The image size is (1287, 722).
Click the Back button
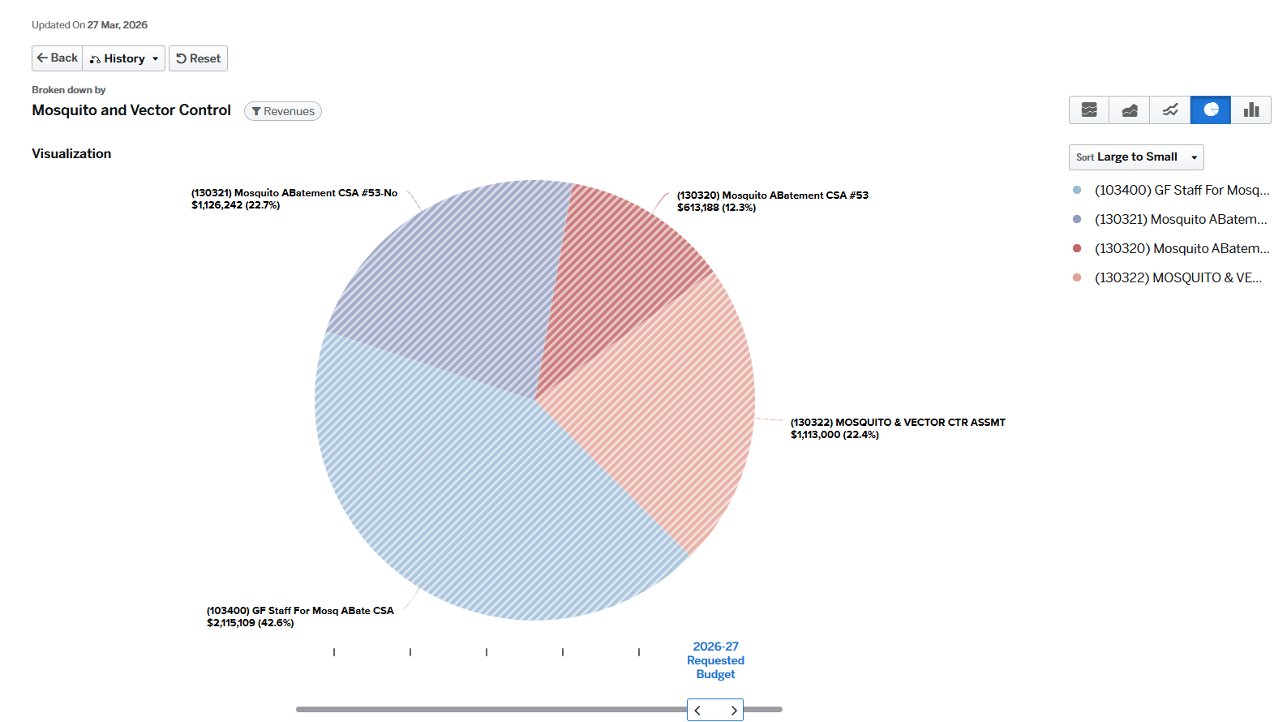pos(58,58)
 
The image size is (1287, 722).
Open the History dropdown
pos(124,58)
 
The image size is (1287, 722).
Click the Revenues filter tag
pos(283,111)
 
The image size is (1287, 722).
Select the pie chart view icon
pos(1210,110)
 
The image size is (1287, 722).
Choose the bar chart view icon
pos(1251,110)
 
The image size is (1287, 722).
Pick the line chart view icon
pos(1169,110)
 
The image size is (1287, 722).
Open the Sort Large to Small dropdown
pos(1135,157)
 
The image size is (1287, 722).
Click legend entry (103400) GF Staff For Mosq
pos(1181,190)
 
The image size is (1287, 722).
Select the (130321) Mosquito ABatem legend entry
pos(1180,219)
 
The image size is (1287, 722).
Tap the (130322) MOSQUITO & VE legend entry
pos(1178,277)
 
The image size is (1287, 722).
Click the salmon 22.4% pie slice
pos(673,406)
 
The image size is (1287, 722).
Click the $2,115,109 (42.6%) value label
pos(250,623)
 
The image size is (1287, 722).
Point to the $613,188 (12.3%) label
pos(716,208)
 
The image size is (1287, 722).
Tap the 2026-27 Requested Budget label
pos(715,660)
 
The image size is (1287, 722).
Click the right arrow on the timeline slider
pos(733,711)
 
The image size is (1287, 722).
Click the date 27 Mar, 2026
pos(118,25)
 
